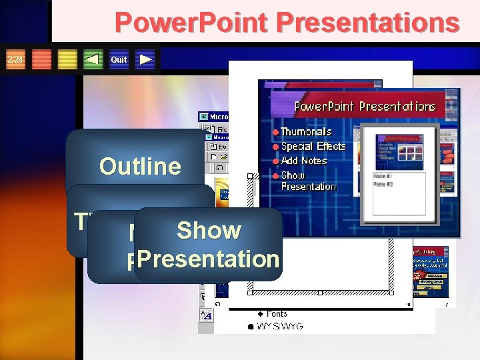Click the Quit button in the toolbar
pos(119,60)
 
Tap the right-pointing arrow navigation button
pos(146,60)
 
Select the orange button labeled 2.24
pos(15,60)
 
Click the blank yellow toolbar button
pos(67,60)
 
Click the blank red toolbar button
pos(42,60)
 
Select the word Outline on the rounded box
pos(140,166)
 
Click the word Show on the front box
pos(209,230)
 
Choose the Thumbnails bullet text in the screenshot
pos(306,132)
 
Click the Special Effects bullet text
pos(313,146)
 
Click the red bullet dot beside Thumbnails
pos(275,132)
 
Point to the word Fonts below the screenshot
pos(277,313)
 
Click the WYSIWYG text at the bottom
pos(280,326)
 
